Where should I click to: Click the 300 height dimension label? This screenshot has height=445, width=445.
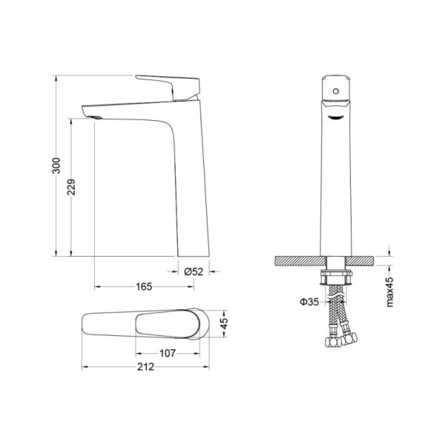point(56,165)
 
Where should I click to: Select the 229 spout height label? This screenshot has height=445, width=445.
point(71,187)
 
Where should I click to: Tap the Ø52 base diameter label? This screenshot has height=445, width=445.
point(194,271)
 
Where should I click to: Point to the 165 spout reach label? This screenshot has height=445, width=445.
point(144,286)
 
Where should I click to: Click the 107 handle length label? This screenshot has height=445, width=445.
point(168,353)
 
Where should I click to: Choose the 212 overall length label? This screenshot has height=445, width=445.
point(145,367)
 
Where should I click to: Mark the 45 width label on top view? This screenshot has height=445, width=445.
point(224,323)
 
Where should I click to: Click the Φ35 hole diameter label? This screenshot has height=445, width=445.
point(309,302)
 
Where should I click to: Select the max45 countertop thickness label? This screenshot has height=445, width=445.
point(390,292)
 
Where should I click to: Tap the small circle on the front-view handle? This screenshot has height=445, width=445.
point(336,91)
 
